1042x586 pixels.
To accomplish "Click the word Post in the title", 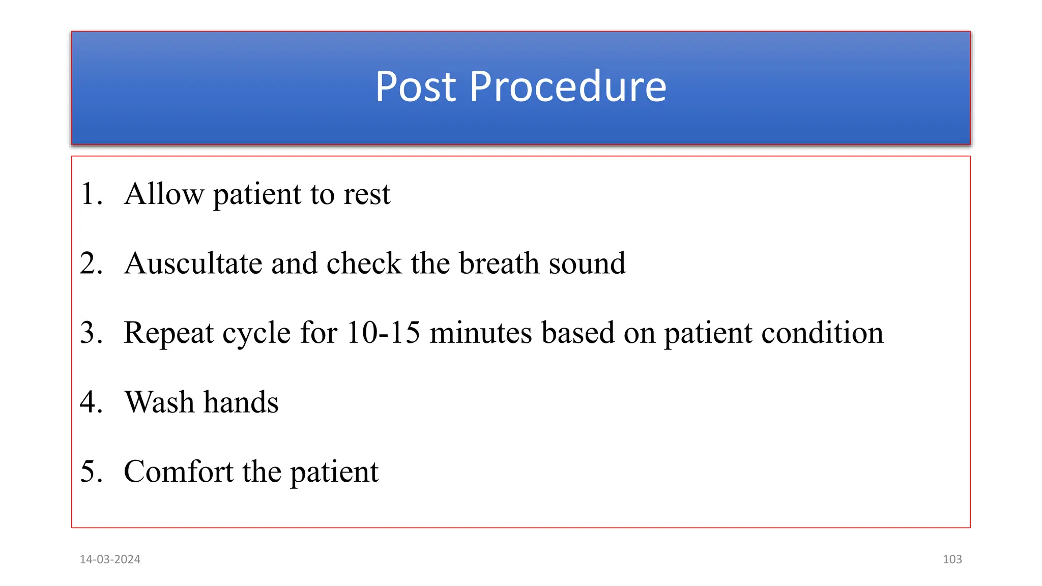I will pos(415,86).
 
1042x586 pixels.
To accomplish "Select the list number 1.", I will pos(90,194).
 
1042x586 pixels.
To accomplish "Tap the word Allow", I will pos(164,194).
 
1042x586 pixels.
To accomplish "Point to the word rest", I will pos(367,194).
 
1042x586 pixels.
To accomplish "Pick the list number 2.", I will pos(91,263).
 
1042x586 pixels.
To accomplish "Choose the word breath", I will pos(499,263).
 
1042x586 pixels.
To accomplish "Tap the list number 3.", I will pos(91,333).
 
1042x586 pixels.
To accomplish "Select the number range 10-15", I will pos(383,333).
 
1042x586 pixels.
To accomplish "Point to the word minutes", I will pos(480,333).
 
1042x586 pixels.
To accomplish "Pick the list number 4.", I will pos(91,402).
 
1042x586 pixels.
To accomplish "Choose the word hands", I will pos(241,402).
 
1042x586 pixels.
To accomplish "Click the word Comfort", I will pos(179,472).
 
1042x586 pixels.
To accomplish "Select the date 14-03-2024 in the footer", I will pos(110,560).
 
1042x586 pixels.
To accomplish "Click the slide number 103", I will pos(952,560).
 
